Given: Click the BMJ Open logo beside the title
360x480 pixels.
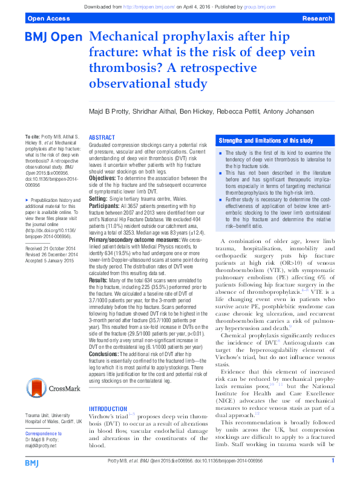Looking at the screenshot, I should pyautogui.click(x=53, y=37).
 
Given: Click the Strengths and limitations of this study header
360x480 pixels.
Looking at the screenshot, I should pyautogui.click(x=266, y=140).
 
